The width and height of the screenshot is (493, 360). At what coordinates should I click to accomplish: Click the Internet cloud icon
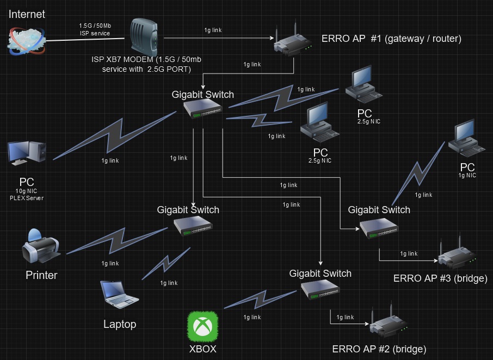pyautogui.click(x=26, y=40)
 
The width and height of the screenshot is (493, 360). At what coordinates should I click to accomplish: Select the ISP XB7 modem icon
pyautogui.click(x=143, y=37)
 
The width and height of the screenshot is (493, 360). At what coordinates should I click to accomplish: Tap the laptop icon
pyautogui.click(x=120, y=294)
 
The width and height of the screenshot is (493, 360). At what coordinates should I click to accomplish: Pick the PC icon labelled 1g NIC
pyautogui.click(x=466, y=138)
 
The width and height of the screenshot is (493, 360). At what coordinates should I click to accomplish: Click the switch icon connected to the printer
pyautogui.click(x=193, y=226)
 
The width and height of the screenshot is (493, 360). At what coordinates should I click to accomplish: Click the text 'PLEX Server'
pyautogui.click(x=27, y=198)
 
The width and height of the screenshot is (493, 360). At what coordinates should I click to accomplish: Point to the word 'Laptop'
pyautogui.click(x=120, y=324)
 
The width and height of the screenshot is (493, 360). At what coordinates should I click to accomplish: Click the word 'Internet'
pyautogui.click(x=27, y=14)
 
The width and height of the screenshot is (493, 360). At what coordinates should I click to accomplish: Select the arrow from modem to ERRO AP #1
pyautogui.click(x=218, y=38)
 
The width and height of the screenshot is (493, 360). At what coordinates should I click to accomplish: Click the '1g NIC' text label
pyautogui.click(x=467, y=175)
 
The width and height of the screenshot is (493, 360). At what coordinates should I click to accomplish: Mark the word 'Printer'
pyautogui.click(x=41, y=275)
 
